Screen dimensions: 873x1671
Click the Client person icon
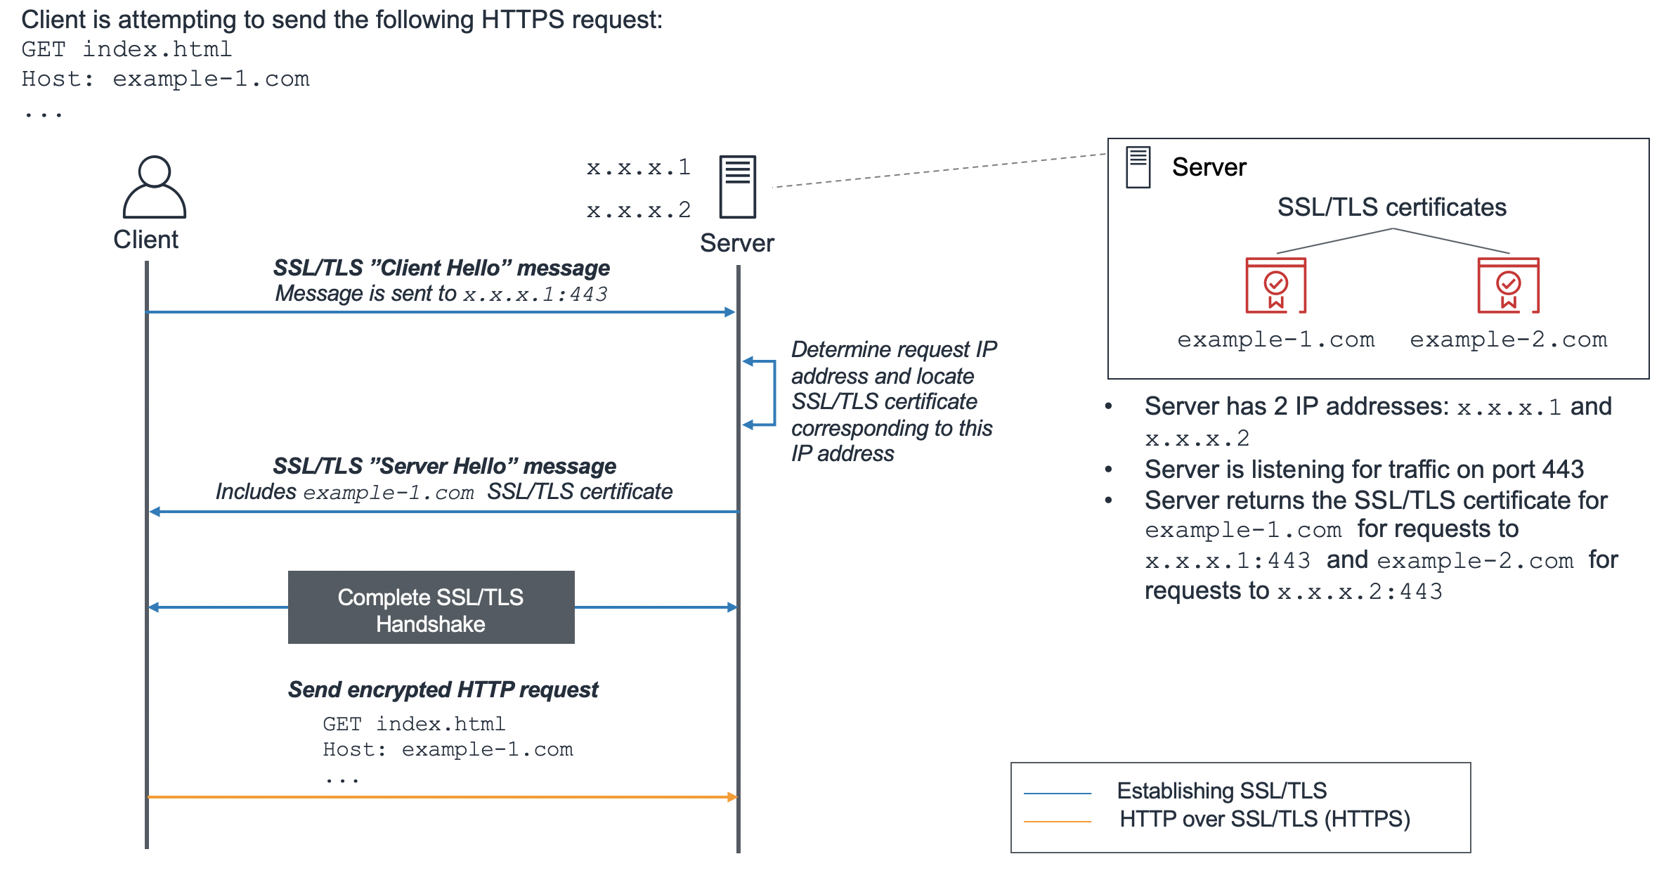tap(154, 187)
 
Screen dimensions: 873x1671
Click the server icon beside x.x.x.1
tap(737, 187)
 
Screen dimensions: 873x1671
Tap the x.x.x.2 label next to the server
tap(639, 210)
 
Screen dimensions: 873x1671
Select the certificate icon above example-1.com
tap(1275, 285)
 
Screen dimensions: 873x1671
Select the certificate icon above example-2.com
tap(1508, 285)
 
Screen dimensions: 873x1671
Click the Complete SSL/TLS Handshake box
tap(431, 607)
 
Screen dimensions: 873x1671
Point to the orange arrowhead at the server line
tap(732, 797)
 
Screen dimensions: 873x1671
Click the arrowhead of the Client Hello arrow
tap(730, 312)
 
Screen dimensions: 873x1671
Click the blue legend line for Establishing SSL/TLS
tap(1057, 794)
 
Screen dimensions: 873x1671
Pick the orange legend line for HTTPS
tap(1057, 821)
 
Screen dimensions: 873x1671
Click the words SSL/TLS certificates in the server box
tap(1391, 207)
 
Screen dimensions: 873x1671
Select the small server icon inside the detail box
tap(1138, 167)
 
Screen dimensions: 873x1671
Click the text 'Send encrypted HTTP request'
tap(443, 690)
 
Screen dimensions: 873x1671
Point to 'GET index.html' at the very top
tap(126, 49)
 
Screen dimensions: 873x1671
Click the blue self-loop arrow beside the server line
tap(773, 394)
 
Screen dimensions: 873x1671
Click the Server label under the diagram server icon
tap(736, 243)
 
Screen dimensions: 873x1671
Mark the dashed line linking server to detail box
tap(942, 170)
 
